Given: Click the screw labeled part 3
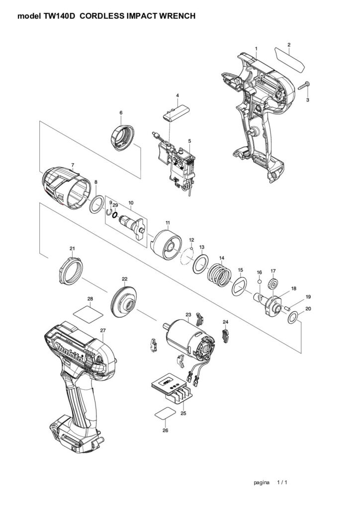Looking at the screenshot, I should click(303, 85).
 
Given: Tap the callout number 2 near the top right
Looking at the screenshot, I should click(289, 45).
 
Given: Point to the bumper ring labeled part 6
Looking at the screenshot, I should click(122, 137).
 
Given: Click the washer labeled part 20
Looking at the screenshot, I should click(294, 316).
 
